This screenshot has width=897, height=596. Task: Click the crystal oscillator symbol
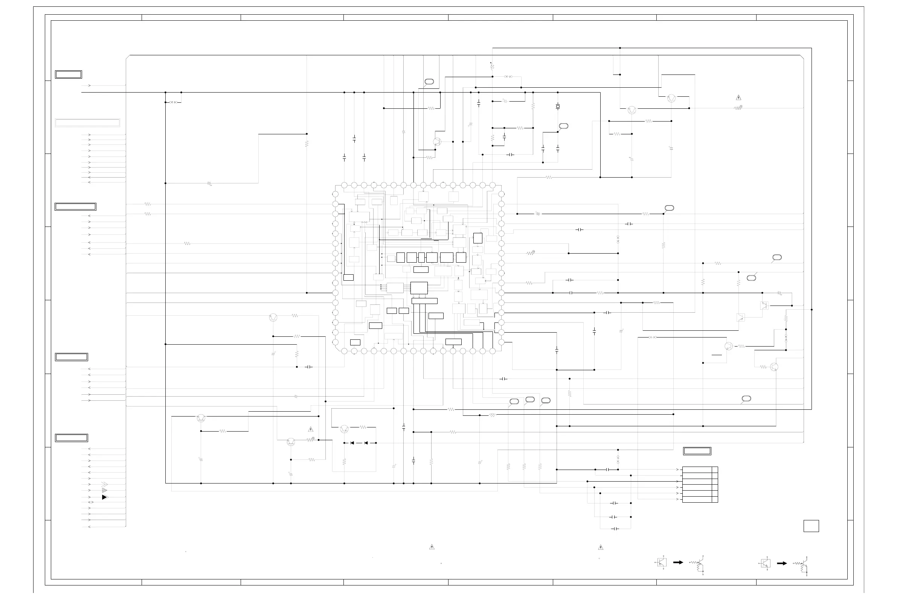click(x=558, y=106)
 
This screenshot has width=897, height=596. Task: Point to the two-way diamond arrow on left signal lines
click(x=91, y=502)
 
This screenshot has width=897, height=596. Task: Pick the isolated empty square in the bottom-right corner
click(x=811, y=526)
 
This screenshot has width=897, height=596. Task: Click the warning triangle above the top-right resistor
click(x=738, y=98)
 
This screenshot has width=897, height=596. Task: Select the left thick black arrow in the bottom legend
click(x=678, y=562)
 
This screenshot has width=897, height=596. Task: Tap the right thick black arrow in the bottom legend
click(x=782, y=563)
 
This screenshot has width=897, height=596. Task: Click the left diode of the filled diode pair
click(x=352, y=443)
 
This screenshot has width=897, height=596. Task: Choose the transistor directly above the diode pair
click(x=344, y=429)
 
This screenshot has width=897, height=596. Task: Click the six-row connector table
click(x=700, y=485)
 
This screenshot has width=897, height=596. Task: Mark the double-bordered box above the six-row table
click(x=697, y=451)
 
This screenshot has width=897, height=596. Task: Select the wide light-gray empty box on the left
click(x=87, y=123)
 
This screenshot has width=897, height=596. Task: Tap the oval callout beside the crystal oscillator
click(x=564, y=126)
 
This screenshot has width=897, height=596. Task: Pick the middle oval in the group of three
click(x=530, y=400)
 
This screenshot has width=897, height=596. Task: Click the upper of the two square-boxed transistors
click(x=764, y=305)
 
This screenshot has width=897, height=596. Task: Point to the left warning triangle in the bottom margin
click(x=432, y=547)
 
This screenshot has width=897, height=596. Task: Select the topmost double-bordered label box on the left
click(x=69, y=74)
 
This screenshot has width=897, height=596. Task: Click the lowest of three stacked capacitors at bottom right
click(x=615, y=529)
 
